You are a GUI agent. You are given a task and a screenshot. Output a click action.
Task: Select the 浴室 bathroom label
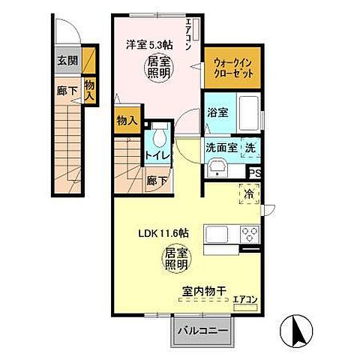point(218,113)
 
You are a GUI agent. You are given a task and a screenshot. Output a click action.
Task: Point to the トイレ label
point(157,156)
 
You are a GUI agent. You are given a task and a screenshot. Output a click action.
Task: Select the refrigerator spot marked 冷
point(248,193)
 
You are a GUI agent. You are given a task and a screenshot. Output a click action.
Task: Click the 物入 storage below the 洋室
point(127,120)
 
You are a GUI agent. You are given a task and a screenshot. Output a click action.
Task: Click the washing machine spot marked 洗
point(250,148)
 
